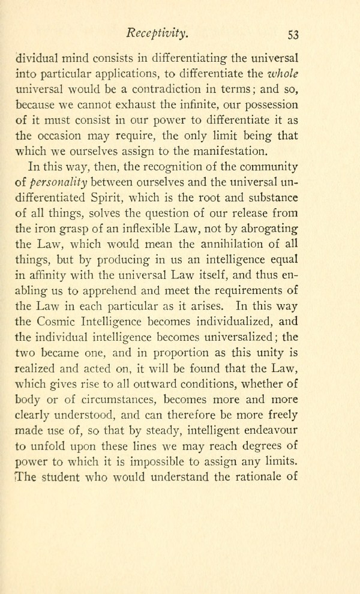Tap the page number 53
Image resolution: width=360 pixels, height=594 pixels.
[x=293, y=34]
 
